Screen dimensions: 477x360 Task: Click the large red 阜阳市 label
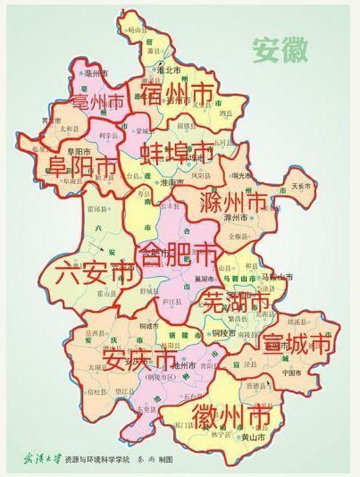click(73, 167)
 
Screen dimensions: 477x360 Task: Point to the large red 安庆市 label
click(139, 358)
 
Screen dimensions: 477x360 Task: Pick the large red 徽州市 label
click(231, 415)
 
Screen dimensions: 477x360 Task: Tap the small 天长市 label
click(304, 186)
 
